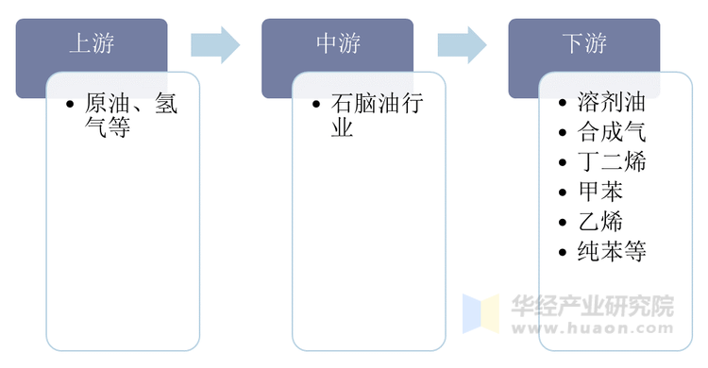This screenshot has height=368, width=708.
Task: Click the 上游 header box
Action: pyautogui.click(x=92, y=43)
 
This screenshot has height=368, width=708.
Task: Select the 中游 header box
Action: pyautogui.click(x=337, y=43)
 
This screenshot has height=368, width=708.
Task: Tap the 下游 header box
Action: pyautogui.click(x=584, y=43)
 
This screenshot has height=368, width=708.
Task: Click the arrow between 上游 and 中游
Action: pyautogui.click(x=215, y=44)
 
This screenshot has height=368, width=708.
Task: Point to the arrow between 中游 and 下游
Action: pyautogui.click(x=462, y=44)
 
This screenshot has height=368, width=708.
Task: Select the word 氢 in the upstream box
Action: pyautogui.click(x=165, y=104)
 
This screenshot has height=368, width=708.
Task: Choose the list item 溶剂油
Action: pyautogui.click(x=612, y=104)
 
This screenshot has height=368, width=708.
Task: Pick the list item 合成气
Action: pyautogui.click(x=612, y=133)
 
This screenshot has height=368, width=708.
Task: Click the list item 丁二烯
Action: pyautogui.click(x=612, y=162)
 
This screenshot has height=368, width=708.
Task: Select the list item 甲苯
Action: pyautogui.click(x=600, y=192)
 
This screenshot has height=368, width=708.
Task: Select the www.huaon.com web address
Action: pyautogui.click(x=592, y=329)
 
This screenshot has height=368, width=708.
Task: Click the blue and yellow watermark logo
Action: pyautogui.click(x=480, y=314)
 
